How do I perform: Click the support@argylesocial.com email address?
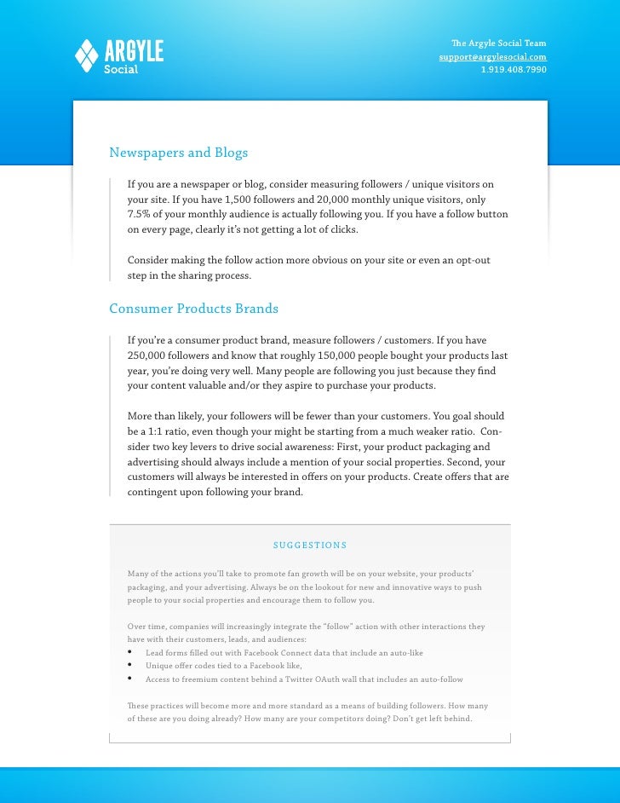(492, 56)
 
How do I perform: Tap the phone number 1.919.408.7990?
(514, 69)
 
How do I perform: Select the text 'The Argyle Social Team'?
(498, 43)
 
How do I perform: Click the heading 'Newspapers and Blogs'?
(178, 153)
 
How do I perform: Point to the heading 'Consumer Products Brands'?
(193, 308)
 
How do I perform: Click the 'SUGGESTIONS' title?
(309, 546)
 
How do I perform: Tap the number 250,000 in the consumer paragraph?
(149, 355)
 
